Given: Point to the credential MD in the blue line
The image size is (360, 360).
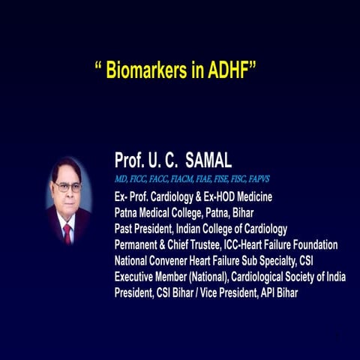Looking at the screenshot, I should click(121, 180).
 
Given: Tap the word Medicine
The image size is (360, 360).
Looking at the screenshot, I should click(253, 196).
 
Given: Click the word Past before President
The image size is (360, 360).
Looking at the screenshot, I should click(125, 229).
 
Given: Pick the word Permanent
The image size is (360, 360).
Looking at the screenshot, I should click(142, 244).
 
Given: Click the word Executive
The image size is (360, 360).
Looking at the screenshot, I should click(138, 277).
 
